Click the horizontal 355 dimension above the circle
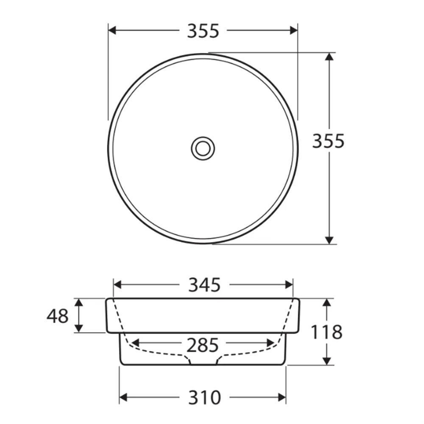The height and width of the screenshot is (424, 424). (203, 31)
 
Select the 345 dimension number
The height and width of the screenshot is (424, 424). (204, 285)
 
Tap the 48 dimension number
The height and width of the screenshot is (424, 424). (58, 316)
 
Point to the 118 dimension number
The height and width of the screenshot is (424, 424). (326, 332)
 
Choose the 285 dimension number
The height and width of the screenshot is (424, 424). (203, 345)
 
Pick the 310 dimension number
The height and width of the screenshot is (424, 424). (204, 398)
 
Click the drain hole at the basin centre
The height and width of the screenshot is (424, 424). (203, 148)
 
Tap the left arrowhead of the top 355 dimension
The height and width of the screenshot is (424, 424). (112, 30)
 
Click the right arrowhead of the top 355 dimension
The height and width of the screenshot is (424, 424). (294, 30)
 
